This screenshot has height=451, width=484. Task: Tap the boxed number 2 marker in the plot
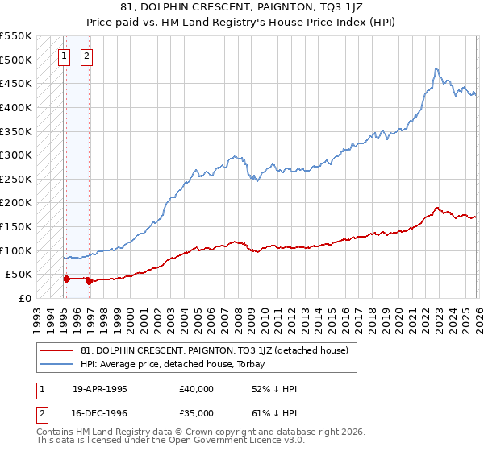tap(86, 56)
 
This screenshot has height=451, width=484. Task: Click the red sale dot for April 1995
tap(66, 279)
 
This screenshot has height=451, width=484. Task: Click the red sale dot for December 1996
tap(88, 281)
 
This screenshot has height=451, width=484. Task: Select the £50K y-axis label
tap(19, 274)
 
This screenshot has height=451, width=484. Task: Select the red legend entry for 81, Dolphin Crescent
tap(214, 350)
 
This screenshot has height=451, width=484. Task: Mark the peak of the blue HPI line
tap(436, 69)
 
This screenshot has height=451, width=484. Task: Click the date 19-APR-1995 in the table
tap(100, 389)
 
